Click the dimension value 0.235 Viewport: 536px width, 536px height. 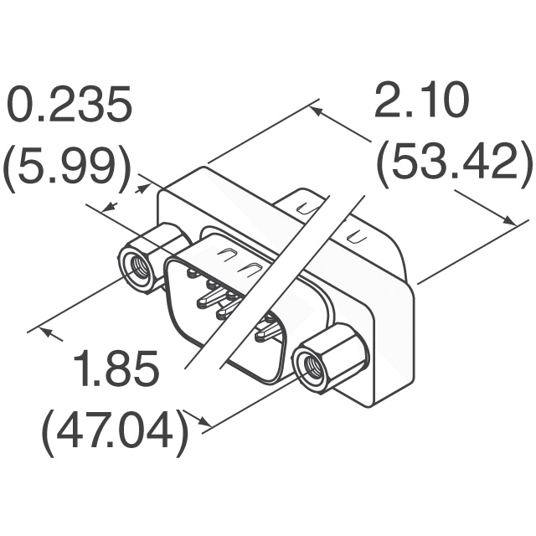[x=70, y=107]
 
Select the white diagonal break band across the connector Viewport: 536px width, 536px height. [x=276, y=276]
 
